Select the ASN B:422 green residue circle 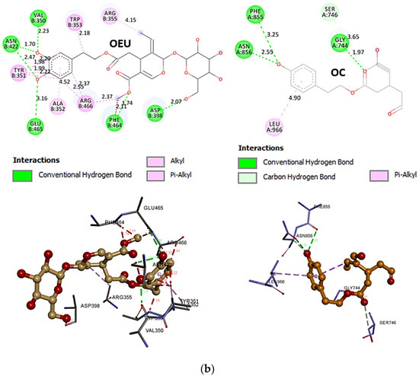[11, 43]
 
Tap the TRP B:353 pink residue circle [74, 21]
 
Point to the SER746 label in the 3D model [389, 323]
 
